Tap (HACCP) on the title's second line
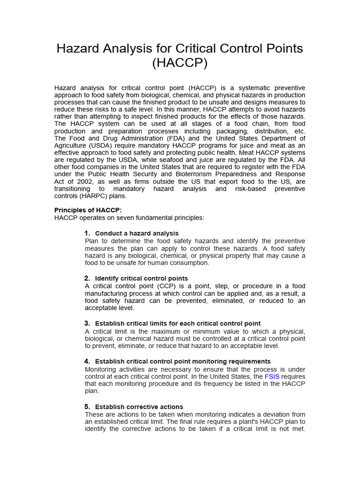coord(180,63)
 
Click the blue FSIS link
coord(272,377)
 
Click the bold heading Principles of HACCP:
coord(88,210)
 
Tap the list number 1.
coord(87,233)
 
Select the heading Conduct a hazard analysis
coord(136,233)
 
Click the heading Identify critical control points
coord(141,278)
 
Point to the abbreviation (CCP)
coord(169,286)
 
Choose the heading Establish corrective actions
coord(139,407)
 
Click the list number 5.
coord(87,407)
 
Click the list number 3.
coord(87,323)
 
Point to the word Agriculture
coord(71,145)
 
